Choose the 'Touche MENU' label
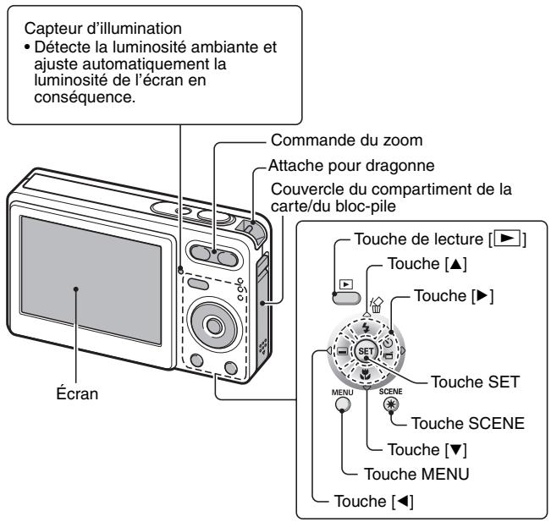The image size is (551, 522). [418, 475]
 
